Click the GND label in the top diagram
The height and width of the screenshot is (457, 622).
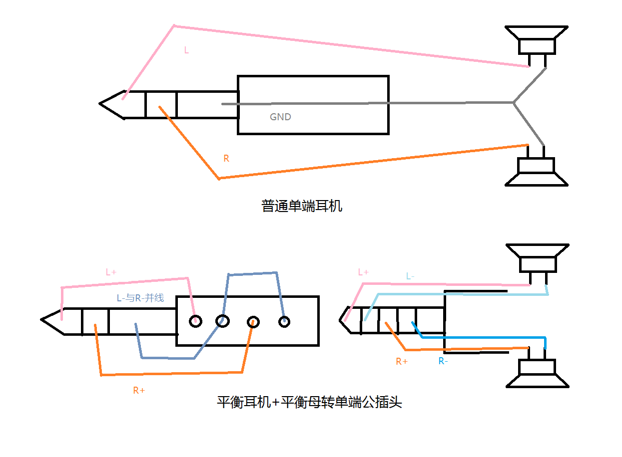click(x=280, y=117)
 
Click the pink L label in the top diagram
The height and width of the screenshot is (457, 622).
click(x=186, y=50)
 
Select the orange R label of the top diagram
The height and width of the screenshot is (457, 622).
click(x=226, y=159)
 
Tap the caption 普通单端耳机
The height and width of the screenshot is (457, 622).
click(x=302, y=206)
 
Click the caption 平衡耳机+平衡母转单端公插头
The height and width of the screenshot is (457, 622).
click(x=309, y=402)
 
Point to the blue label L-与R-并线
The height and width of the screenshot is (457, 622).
click(x=140, y=298)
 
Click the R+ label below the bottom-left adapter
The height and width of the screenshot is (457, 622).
click(x=139, y=391)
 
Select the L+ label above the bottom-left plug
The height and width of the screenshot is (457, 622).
click(x=111, y=272)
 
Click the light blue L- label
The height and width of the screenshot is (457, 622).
click(x=410, y=276)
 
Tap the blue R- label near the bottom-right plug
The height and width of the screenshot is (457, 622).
click(x=443, y=361)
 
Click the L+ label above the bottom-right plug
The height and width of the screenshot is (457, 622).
click(x=363, y=272)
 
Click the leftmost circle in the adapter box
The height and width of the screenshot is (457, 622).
click(x=195, y=321)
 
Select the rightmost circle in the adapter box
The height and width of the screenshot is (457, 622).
click(x=284, y=322)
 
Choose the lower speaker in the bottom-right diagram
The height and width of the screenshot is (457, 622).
click(x=538, y=373)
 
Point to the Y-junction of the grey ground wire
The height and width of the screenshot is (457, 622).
click(x=514, y=103)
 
